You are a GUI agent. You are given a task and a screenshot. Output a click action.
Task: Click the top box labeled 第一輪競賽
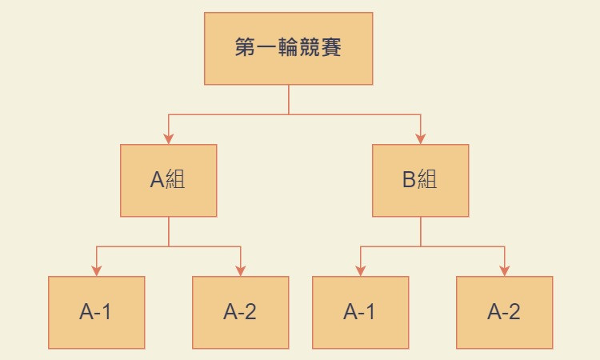click(288, 48)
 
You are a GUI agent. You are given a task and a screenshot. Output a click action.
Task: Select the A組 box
click(168, 180)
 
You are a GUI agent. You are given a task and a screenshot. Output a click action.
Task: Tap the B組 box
click(420, 180)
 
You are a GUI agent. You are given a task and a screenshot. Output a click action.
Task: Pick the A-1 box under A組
click(96, 312)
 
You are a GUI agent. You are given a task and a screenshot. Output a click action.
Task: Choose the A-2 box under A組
click(240, 312)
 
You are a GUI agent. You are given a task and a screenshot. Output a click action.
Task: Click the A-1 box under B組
click(360, 312)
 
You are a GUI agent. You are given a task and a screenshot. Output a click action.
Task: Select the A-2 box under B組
click(504, 312)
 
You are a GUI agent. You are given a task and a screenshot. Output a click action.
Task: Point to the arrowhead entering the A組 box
click(168, 138)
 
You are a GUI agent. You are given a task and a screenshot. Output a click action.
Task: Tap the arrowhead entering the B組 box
click(420, 138)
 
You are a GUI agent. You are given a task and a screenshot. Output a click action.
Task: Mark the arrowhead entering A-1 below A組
click(96, 270)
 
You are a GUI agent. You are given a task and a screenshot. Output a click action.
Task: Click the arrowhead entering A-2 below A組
click(240, 270)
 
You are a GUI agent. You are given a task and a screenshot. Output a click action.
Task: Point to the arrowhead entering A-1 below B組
click(360, 270)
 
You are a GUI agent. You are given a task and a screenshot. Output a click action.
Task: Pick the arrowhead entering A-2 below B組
click(504, 270)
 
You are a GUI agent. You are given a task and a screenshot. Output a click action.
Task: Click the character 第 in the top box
click(245, 48)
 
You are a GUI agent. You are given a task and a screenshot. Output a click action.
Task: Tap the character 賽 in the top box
click(332, 48)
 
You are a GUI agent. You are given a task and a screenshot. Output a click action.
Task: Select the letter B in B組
click(409, 180)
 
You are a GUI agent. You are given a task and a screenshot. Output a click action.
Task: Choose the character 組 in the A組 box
click(175, 180)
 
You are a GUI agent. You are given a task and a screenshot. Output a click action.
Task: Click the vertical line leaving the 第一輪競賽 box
click(288, 99)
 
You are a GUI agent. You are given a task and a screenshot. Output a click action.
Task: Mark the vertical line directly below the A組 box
click(168, 231)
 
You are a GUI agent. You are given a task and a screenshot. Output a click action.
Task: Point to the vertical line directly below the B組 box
click(420, 231)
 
